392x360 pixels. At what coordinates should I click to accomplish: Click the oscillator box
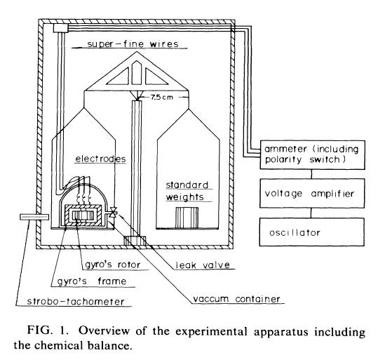click(x=312, y=232)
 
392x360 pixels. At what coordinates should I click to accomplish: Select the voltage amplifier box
click(x=312, y=193)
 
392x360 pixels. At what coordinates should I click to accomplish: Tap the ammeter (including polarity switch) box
click(x=312, y=155)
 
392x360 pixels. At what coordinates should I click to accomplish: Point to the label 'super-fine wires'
click(x=133, y=44)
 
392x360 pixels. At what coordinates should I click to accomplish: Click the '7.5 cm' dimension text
click(x=162, y=97)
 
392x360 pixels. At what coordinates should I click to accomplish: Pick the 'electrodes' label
click(x=100, y=159)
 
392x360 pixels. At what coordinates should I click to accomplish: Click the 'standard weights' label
click(x=187, y=191)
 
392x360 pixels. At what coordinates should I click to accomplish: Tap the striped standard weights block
click(x=187, y=218)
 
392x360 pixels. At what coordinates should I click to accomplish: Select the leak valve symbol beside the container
click(x=114, y=212)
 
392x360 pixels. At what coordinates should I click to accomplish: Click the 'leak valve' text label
click(x=203, y=265)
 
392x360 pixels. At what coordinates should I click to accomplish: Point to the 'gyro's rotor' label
click(x=112, y=265)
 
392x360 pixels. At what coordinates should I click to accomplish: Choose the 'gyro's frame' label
click(x=92, y=281)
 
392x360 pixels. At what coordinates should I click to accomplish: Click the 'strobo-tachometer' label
click(x=76, y=302)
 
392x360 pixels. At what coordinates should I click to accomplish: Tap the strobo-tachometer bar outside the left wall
click(x=34, y=217)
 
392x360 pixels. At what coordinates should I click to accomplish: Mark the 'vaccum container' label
click(x=236, y=299)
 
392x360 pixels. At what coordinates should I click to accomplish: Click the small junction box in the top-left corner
click(x=61, y=28)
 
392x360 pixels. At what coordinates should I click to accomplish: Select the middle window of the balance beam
click(x=137, y=73)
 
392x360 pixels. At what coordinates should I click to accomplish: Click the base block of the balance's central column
click(x=135, y=241)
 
